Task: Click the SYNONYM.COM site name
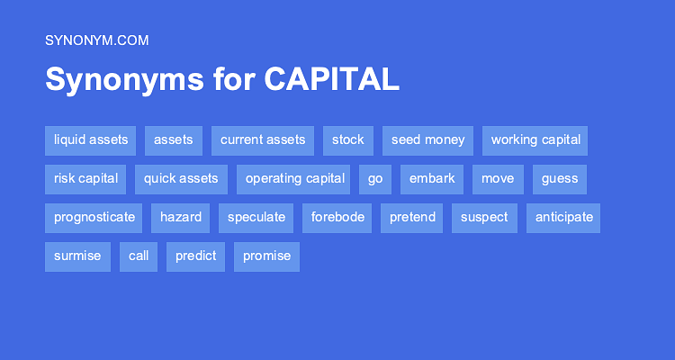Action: coord(96,40)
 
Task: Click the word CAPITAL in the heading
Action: coord(331,79)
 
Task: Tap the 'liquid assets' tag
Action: coord(90,140)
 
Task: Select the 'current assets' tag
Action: coord(262,140)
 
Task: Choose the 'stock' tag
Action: coord(347,140)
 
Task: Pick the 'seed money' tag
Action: coord(427,140)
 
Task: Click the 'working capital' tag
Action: coord(535,140)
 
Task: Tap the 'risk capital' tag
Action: coord(85,179)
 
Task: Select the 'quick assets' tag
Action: coord(181,179)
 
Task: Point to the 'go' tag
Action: coord(374,179)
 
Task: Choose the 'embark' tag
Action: coord(431,179)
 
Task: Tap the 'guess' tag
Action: coord(559,179)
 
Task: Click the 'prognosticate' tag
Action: coord(94,218)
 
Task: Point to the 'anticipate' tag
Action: coord(563,218)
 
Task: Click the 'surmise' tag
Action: coord(77,256)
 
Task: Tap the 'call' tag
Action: coord(138,256)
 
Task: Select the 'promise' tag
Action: coord(266,256)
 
